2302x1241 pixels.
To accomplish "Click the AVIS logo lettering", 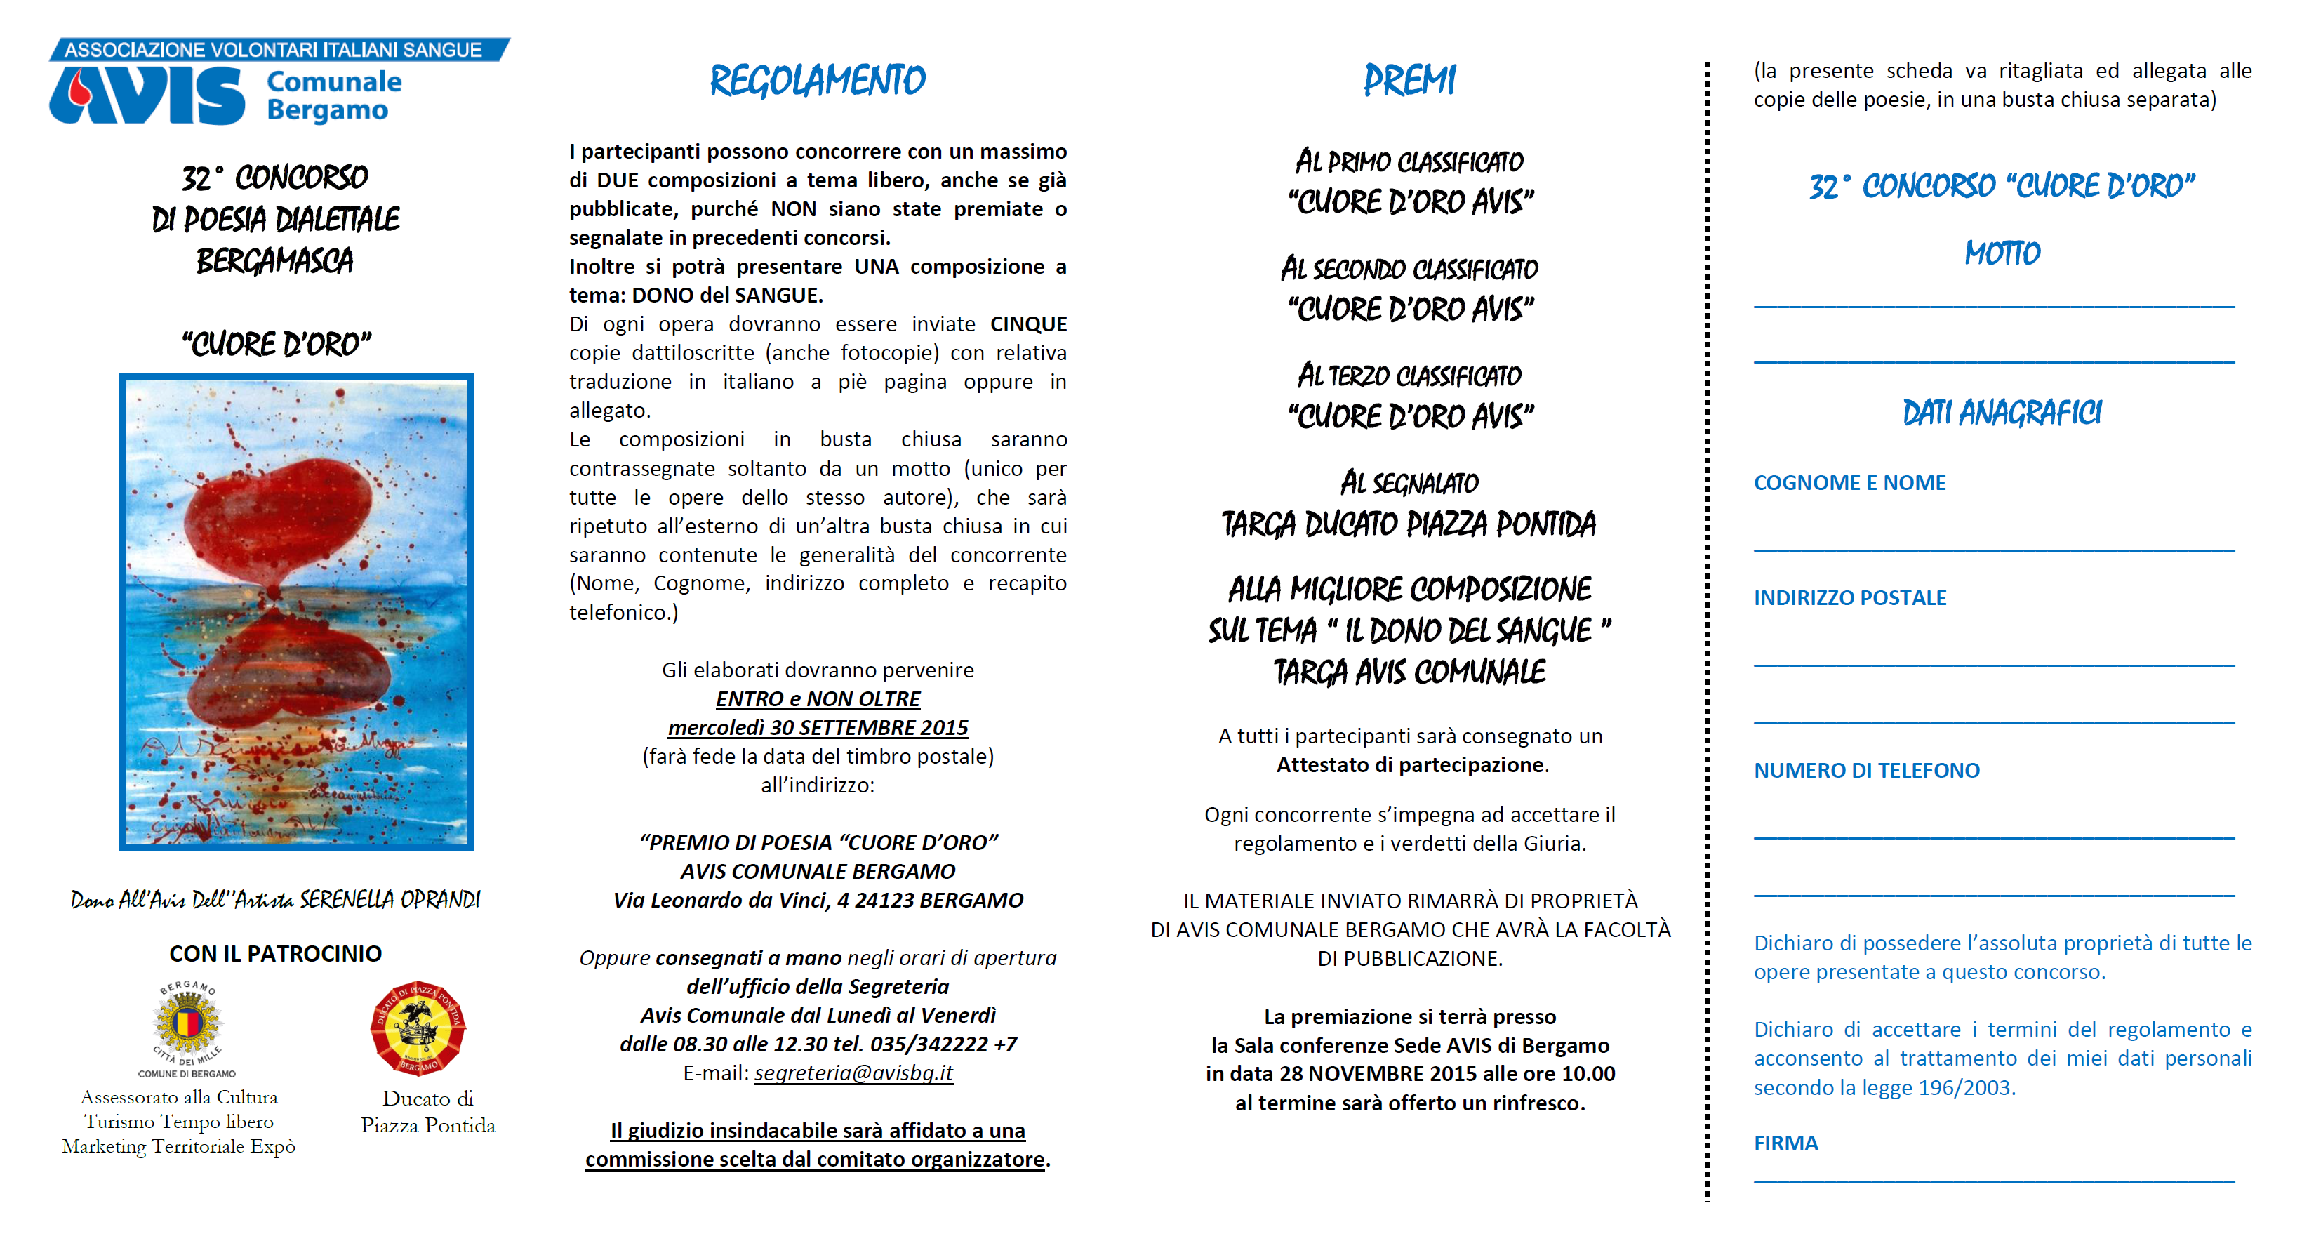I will [x=147, y=95].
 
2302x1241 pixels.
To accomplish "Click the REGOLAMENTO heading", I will [x=817, y=81].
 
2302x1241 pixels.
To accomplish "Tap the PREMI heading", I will [x=1409, y=81].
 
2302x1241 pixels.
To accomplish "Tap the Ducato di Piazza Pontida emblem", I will [x=418, y=1028].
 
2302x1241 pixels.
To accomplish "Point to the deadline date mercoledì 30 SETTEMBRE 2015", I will [x=818, y=727].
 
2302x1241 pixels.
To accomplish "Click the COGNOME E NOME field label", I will [x=1849, y=482].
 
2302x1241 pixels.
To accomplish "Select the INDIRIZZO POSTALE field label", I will [x=1849, y=598].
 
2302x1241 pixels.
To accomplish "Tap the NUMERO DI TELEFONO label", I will [x=1866, y=770].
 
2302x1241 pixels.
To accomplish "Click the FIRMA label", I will [x=1785, y=1143].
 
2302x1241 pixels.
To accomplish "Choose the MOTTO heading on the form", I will [x=2002, y=253].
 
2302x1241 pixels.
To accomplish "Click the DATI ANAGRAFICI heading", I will [x=2002, y=413].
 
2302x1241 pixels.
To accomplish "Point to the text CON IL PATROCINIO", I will [x=275, y=953].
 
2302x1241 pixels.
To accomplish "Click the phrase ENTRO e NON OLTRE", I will [x=818, y=698].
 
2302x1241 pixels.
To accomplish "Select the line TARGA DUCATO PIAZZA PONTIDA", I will [x=1409, y=524].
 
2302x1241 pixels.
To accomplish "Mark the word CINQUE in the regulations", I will [x=1027, y=324].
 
